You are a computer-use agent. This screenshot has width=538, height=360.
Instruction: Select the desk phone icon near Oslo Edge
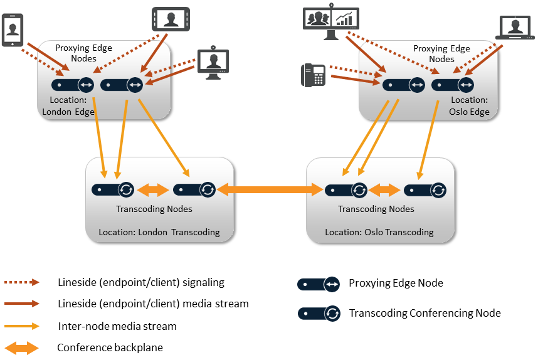[x=313, y=75]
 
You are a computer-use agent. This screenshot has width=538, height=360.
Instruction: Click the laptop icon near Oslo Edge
[x=514, y=28]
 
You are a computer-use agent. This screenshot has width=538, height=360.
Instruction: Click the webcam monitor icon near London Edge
[x=213, y=63]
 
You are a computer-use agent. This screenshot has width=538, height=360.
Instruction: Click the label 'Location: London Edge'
[x=68, y=106]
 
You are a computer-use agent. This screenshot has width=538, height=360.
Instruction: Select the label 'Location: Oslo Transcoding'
[x=379, y=232]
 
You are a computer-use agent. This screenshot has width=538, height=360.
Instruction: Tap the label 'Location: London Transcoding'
[x=159, y=232]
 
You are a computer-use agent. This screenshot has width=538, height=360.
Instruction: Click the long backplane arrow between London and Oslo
[x=270, y=189]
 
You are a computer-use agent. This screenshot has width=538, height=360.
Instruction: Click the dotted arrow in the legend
[x=22, y=283]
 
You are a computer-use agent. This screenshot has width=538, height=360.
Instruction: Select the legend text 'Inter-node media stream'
[x=117, y=326]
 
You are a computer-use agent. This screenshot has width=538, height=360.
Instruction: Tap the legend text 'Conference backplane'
[x=110, y=347]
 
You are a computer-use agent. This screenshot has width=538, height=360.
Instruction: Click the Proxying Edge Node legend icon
[x=319, y=284]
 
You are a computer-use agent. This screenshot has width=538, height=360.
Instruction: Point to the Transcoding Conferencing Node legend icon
[x=319, y=313]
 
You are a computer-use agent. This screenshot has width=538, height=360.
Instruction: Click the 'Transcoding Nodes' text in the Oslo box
[x=376, y=209]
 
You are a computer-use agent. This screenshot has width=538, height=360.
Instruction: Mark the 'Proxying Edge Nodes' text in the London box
[x=75, y=53]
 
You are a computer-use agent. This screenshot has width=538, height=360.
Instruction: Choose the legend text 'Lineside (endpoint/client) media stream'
[x=153, y=304]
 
